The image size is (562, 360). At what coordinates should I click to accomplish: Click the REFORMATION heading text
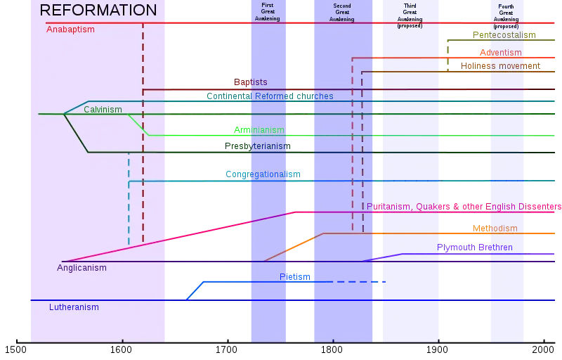98,11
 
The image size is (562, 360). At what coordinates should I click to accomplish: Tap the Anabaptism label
70,30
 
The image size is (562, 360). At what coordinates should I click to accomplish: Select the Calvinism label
103,110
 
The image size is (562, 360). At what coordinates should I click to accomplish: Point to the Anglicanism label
81,268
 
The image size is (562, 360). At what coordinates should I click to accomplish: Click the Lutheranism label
74,307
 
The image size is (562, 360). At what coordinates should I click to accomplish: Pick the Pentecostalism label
504,34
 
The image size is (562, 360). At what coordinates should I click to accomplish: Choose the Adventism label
500,53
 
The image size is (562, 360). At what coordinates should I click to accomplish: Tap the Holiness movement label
502,66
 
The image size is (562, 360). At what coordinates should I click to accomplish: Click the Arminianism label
259,130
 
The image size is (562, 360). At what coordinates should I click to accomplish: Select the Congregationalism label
263,174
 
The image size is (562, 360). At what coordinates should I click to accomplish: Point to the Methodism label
495,229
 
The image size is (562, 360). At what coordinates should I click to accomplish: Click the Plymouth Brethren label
475,247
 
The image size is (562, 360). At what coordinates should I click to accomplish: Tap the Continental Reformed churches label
270,96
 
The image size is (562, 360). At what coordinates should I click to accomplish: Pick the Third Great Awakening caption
410,15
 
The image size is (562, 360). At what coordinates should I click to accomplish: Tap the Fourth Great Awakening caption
506,15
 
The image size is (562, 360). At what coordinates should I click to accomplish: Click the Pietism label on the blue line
294,276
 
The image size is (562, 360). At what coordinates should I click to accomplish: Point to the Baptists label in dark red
250,83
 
